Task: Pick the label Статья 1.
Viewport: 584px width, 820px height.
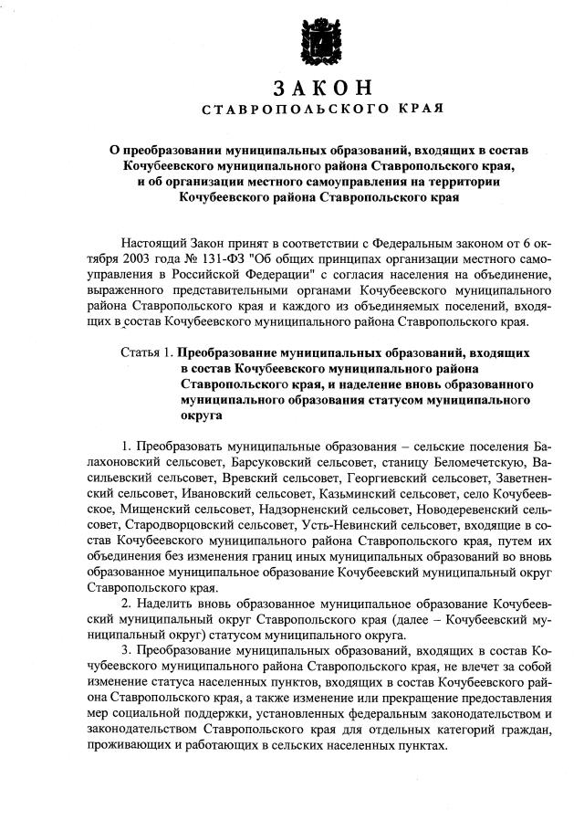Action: [x=146, y=352]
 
